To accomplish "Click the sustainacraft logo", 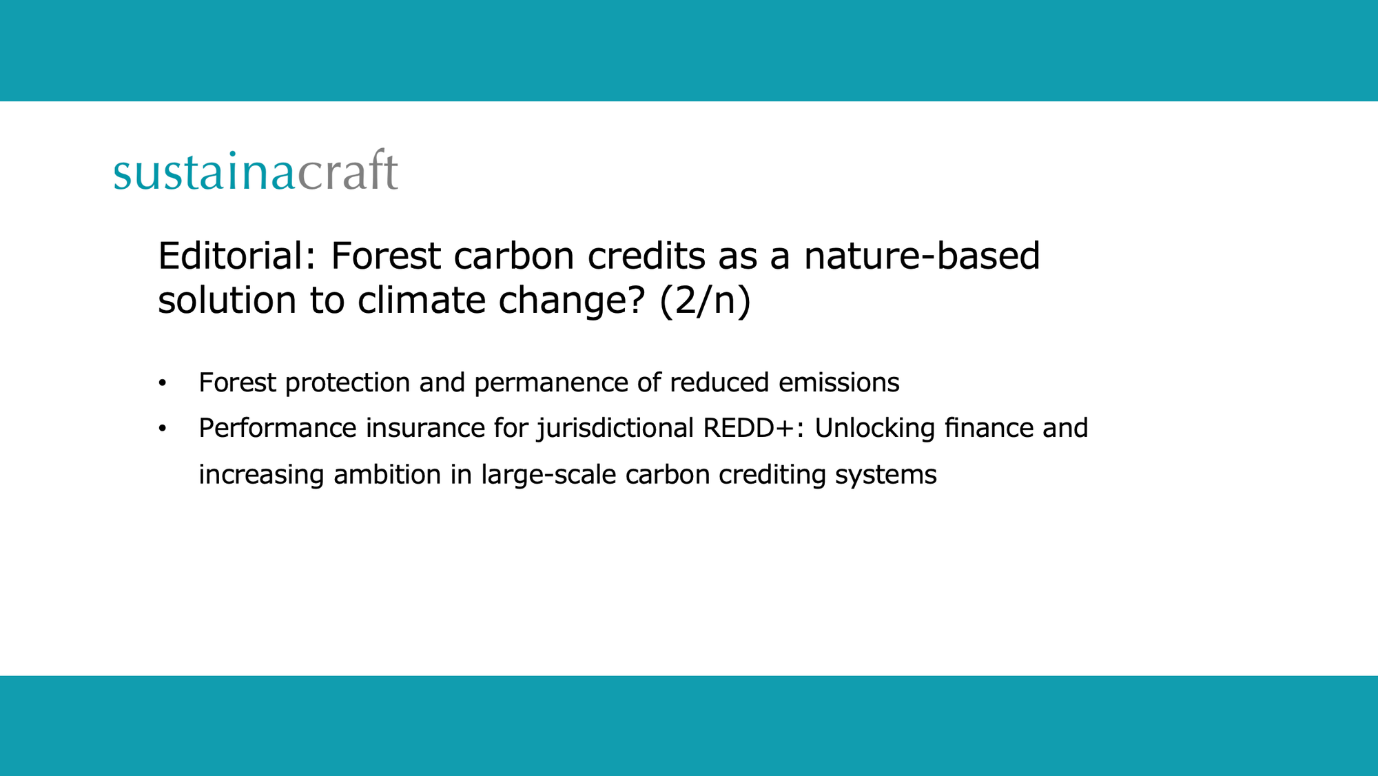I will (256, 172).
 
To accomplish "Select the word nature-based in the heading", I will (921, 256).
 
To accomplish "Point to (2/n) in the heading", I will (704, 301).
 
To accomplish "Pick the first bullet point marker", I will (163, 383).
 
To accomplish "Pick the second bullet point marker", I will (163, 429).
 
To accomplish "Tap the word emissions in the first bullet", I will (839, 383).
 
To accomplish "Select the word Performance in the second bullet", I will (277, 429).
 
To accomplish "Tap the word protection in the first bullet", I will (347, 383).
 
